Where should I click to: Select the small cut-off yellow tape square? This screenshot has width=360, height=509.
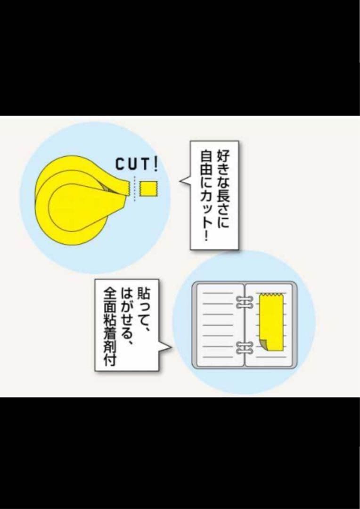(x=148, y=189)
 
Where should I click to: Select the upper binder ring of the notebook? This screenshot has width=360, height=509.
(x=244, y=303)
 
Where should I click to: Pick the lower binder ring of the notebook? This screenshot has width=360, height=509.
(x=244, y=348)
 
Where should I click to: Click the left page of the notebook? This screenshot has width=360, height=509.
(x=218, y=325)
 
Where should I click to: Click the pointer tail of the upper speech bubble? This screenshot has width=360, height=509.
(x=185, y=182)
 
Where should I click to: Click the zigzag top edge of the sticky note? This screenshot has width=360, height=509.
(x=271, y=295)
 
